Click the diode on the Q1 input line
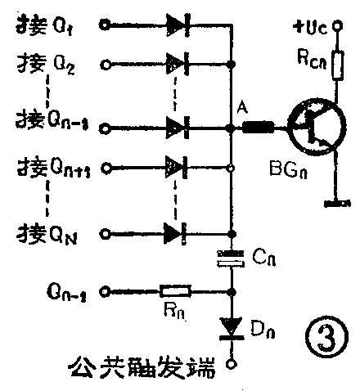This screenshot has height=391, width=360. [x=177, y=25]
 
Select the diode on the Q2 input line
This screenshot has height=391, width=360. [x=177, y=62]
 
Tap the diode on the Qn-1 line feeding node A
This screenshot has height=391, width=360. [x=177, y=127]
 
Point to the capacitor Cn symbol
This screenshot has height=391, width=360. [x=232, y=260]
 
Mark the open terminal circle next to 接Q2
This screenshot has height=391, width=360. [x=104, y=63]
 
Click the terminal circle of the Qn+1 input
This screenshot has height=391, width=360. [x=104, y=169]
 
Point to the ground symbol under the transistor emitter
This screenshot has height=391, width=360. [x=334, y=201]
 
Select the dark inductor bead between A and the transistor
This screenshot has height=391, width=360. [x=259, y=128]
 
